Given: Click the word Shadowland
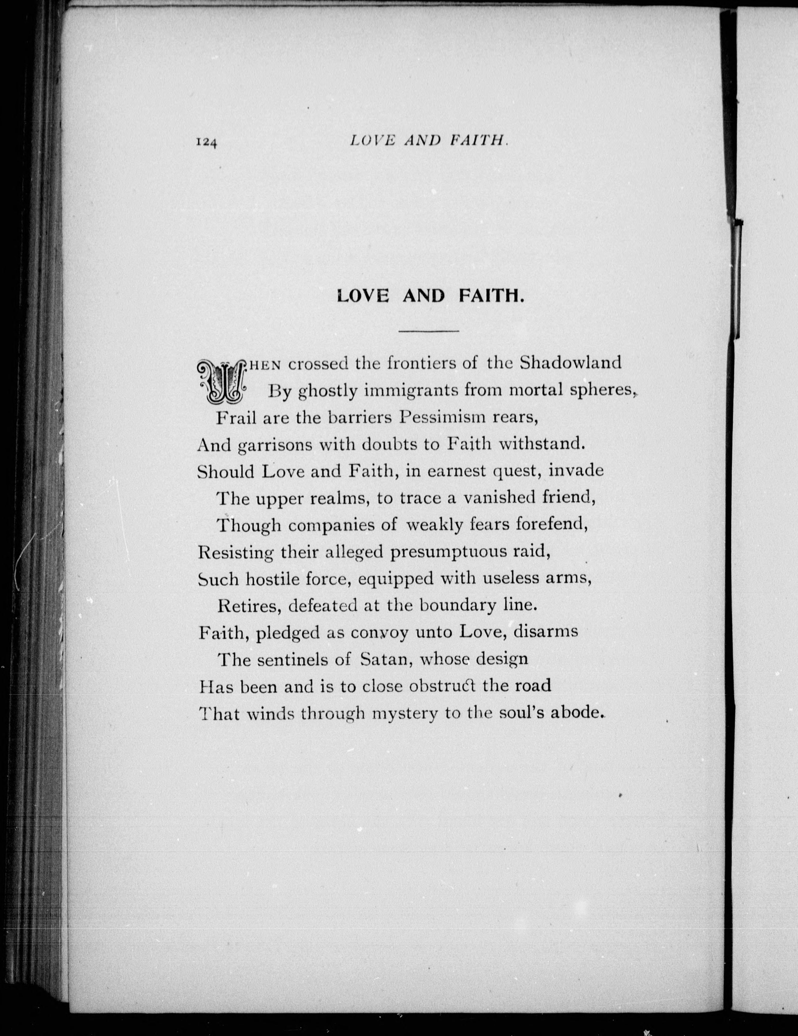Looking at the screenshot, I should click(570, 363).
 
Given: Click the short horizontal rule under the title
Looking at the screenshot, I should click(429, 331).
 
